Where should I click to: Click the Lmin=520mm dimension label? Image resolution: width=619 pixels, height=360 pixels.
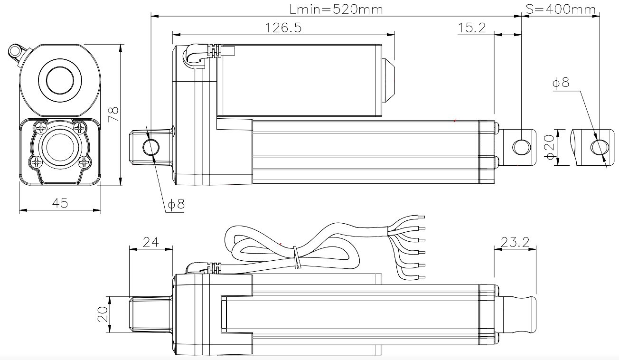point(336,9)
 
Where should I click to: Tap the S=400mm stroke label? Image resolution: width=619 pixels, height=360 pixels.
point(561,9)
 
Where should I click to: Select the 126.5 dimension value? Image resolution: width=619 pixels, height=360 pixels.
point(283,28)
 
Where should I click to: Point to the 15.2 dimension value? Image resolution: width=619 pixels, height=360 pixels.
point(472,28)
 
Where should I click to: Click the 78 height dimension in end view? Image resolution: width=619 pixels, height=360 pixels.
point(113,114)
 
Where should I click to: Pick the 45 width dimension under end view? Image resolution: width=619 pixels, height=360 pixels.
point(60,203)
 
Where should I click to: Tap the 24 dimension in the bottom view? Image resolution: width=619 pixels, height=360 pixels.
point(151,242)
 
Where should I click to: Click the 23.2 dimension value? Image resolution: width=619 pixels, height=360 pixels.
point(515,242)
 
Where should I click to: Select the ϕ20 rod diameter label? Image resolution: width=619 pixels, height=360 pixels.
point(549,147)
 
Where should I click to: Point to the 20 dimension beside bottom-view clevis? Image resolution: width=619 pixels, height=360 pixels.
point(103,314)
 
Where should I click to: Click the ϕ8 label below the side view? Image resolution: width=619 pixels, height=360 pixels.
point(176,204)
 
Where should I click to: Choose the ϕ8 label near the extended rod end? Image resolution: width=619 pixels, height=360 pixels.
point(561,82)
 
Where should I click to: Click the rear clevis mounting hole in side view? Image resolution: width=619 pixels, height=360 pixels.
point(151,147)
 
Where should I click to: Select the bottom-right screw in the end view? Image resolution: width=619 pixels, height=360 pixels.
point(84,162)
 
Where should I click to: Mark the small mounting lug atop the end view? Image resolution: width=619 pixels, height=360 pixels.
point(17,52)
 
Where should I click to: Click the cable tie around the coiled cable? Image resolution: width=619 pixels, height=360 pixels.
point(297,257)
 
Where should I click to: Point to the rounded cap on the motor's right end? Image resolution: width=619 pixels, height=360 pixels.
point(388,80)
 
